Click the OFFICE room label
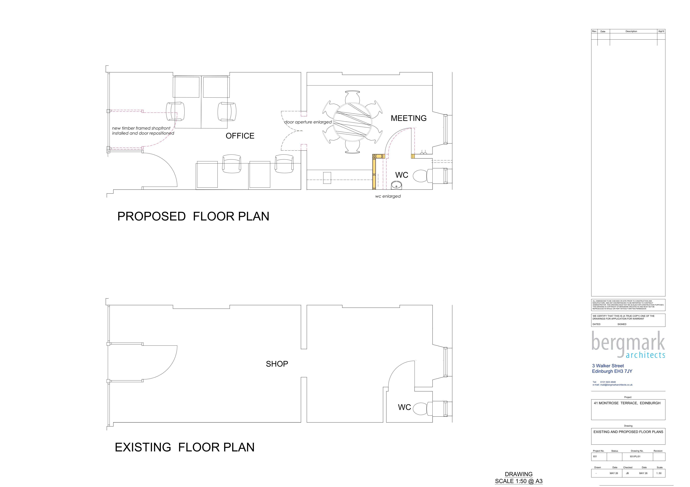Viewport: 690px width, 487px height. [240, 136]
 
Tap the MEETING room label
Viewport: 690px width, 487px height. [408, 118]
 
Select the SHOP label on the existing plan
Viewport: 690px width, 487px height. [277, 364]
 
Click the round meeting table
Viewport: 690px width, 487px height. [353, 122]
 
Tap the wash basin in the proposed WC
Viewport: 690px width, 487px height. [397, 185]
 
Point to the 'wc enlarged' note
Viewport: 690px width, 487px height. [388, 196]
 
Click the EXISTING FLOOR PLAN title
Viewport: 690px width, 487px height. [184, 447]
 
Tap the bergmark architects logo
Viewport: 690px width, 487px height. [628, 345]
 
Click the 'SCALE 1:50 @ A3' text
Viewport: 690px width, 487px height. [519, 481]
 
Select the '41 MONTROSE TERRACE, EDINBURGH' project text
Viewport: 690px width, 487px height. [627, 403]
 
